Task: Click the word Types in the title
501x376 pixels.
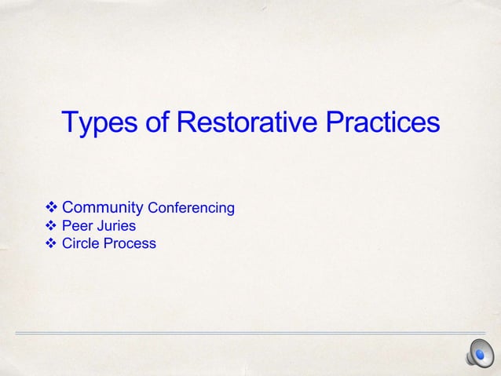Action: (100, 124)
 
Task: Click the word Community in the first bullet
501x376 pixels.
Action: (102, 208)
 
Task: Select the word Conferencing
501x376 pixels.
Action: (191, 209)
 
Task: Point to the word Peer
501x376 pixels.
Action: (77, 226)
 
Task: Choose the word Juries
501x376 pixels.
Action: (116, 226)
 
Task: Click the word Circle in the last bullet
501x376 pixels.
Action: (80, 243)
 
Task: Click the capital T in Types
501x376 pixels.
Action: (69, 123)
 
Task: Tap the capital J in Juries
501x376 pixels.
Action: (100, 226)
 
